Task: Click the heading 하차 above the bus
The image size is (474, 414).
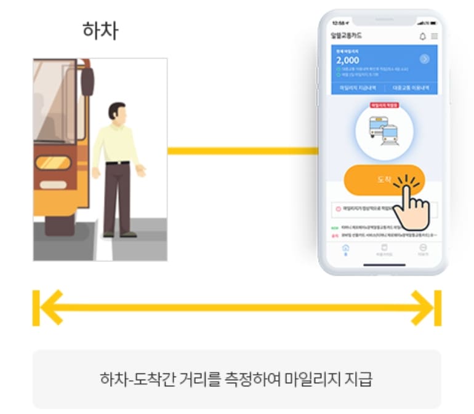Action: [x=99, y=30]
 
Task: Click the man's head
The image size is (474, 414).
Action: [x=116, y=112]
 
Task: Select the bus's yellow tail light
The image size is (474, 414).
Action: [x=53, y=163]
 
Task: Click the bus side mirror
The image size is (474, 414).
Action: [x=87, y=81]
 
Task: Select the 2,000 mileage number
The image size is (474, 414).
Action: [x=348, y=60]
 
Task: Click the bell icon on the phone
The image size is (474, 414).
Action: [x=422, y=36]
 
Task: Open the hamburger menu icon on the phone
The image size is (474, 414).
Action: [x=435, y=36]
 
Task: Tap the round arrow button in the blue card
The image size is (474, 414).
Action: [x=424, y=59]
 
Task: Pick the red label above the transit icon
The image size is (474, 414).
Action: [x=384, y=105]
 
